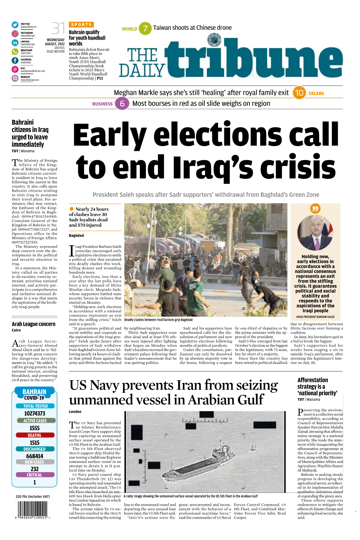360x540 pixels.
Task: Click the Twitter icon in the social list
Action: tap(15, 25)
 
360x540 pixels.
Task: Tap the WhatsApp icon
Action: tap(15, 52)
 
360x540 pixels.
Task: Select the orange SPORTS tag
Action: tap(81, 25)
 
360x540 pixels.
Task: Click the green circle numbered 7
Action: tap(145, 28)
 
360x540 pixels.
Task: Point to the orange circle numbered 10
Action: tap(299, 93)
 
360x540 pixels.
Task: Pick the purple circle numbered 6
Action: tap(122, 104)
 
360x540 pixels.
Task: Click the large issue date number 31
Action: tap(58, 28)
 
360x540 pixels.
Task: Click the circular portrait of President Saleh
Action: tap(315, 233)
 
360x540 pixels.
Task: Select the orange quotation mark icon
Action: tap(315, 208)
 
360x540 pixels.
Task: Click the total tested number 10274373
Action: tap(35, 413)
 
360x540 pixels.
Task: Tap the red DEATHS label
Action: tap(35, 435)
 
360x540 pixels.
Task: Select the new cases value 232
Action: tap(35, 469)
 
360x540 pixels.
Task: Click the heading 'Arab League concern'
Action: tap(33, 324)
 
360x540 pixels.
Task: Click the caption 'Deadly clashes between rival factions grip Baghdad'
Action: tap(158, 320)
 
